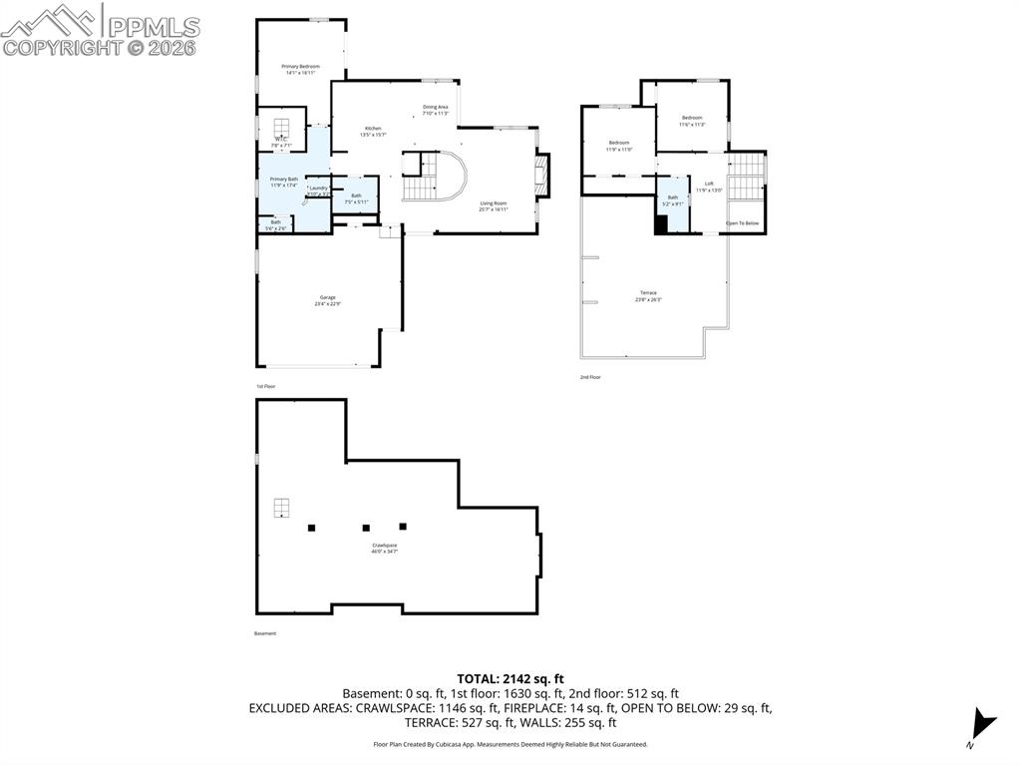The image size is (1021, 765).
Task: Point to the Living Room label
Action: tap(494, 205)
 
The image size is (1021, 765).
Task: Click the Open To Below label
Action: tap(743, 223)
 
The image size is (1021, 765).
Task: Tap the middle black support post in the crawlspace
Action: tap(366, 528)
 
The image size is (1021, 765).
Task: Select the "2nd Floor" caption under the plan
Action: tap(590, 377)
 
